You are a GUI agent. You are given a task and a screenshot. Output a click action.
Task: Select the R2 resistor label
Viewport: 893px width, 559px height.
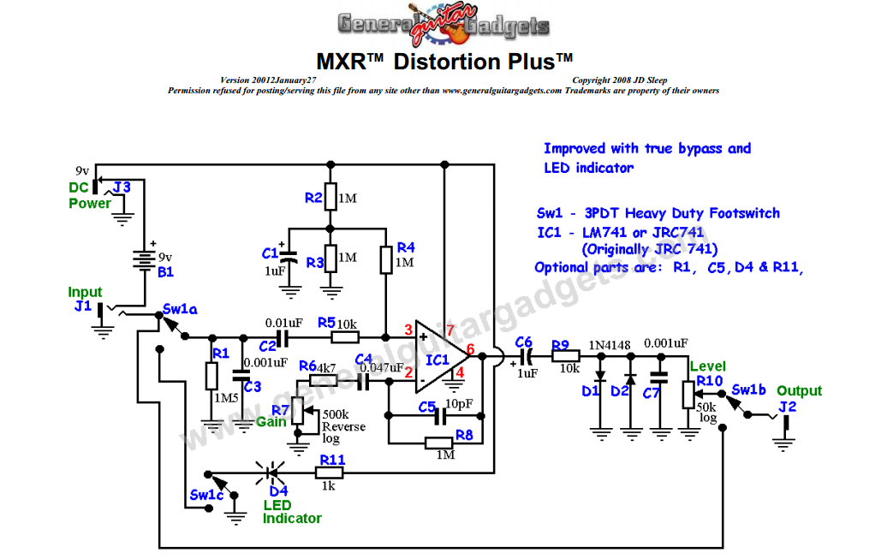314,198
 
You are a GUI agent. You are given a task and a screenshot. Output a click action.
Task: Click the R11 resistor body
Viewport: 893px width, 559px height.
330,472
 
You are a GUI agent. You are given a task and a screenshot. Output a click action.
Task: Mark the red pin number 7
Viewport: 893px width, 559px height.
449,329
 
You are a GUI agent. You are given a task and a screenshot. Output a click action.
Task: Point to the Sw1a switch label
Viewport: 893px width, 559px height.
180,309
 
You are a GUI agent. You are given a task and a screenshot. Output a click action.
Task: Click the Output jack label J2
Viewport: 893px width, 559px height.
787,407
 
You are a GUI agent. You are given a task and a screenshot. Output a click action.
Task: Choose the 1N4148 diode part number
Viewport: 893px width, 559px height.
609,345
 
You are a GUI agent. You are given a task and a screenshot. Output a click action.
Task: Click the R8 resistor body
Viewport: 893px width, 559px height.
439,443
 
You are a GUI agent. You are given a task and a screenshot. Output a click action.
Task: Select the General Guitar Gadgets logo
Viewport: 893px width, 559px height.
444,27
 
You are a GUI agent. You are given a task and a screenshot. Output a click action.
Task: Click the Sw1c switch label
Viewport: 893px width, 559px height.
205,495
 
